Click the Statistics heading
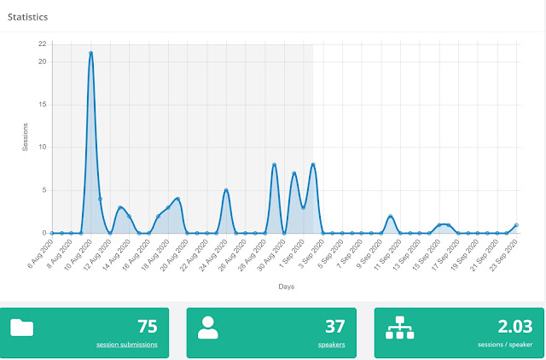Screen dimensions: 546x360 tap(27, 17)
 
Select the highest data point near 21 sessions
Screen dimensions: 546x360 tap(90, 53)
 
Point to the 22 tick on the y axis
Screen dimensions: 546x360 tap(43, 44)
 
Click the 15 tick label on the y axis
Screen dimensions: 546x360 tap(43, 105)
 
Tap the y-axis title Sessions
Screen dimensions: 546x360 tap(25, 137)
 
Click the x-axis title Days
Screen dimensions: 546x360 tap(287, 287)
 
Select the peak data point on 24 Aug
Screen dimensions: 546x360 tap(226, 190)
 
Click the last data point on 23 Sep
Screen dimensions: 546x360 tap(516, 225)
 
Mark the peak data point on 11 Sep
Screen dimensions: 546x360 tap(391, 216)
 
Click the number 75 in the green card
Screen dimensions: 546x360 tap(148, 326)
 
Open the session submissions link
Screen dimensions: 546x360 tap(127, 345)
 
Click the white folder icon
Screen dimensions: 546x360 tap(21, 328)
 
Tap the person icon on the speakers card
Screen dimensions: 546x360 tap(208, 328)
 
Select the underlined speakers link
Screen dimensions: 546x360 tap(331, 345)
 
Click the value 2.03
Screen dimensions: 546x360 tap(515, 326)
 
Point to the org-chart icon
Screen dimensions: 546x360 tap(400, 328)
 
